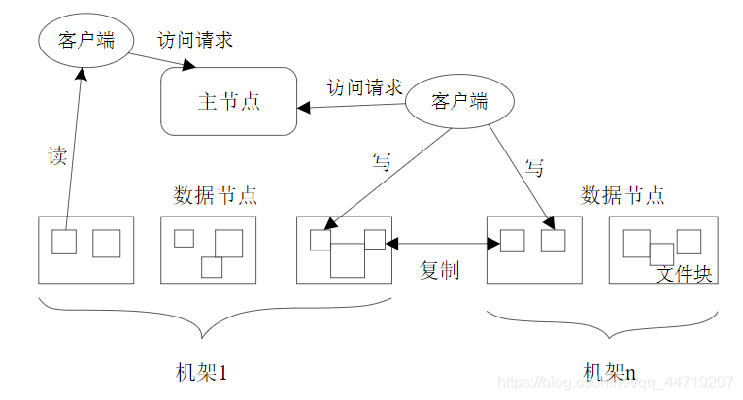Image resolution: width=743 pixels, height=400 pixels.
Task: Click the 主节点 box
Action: point(228,101)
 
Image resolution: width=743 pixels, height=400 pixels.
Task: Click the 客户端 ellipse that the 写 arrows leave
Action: point(458,100)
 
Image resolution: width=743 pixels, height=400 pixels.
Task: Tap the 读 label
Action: point(57,155)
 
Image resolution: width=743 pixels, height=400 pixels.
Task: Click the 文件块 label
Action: point(684,274)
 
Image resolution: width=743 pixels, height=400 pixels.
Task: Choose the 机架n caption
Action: point(609,371)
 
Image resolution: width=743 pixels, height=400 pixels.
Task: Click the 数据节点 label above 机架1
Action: point(215,194)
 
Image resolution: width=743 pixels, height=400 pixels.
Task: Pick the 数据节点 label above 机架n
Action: point(623,194)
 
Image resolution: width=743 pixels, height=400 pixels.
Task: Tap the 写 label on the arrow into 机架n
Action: point(533,167)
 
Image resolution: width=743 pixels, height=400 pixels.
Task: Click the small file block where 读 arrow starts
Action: point(64,241)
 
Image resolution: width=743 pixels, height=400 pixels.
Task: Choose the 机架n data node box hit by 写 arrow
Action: point(533,250)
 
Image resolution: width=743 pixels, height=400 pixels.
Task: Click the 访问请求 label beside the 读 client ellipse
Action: point(195,41)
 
